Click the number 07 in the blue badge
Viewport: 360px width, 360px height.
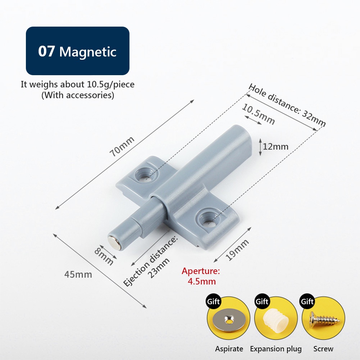coord(46,51)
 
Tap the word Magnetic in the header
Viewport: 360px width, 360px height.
coord(88,52)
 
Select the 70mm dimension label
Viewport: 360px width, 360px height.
coord(122,146)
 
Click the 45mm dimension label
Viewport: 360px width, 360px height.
coord(78,274)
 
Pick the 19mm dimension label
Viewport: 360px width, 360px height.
coord(237,250)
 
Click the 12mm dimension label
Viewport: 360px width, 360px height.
coord(275,146)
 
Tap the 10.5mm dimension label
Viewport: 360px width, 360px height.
coord(258,114)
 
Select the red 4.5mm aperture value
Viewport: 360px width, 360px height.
coord(202,282)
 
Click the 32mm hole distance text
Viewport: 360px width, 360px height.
coord(313,119)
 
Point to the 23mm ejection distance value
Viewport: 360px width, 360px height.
coord(159,268)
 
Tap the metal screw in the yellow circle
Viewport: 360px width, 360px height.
coord(323,319)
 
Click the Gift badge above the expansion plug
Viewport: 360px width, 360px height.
coord(262,301)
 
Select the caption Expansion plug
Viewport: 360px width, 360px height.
coord(276,349)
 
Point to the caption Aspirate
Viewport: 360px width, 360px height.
coord(229,349)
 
